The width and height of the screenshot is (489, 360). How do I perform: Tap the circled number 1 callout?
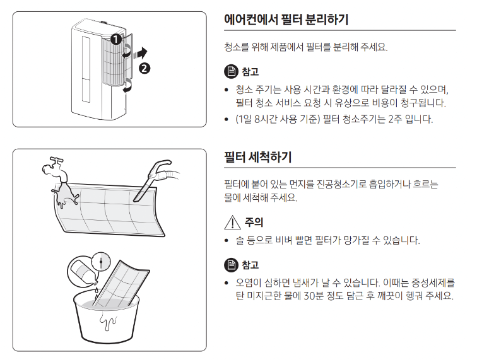pyautogui.click(x=115, y=39)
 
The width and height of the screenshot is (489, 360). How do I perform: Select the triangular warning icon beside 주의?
pyautogui.click(x=231, y=222)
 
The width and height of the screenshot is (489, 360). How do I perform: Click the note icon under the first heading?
pyautogui.click(x=231, y=71)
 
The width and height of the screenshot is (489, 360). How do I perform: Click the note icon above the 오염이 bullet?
pyautogui.click(x=231, y=265)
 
